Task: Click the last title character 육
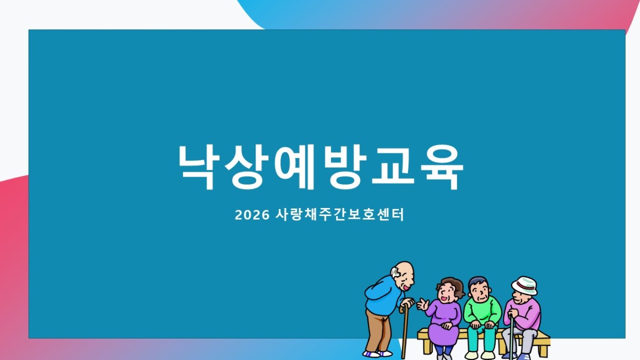(442, 167)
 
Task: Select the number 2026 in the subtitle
(252, 215)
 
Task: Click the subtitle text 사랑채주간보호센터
(340, 214)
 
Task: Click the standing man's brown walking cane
(404, 331)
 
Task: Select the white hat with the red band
(525, 285)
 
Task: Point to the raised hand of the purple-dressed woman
(422, 305)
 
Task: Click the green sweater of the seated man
(482, 310)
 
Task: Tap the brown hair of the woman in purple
(451, 284)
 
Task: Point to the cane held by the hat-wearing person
(511, 337)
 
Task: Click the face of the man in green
(480, 291)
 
